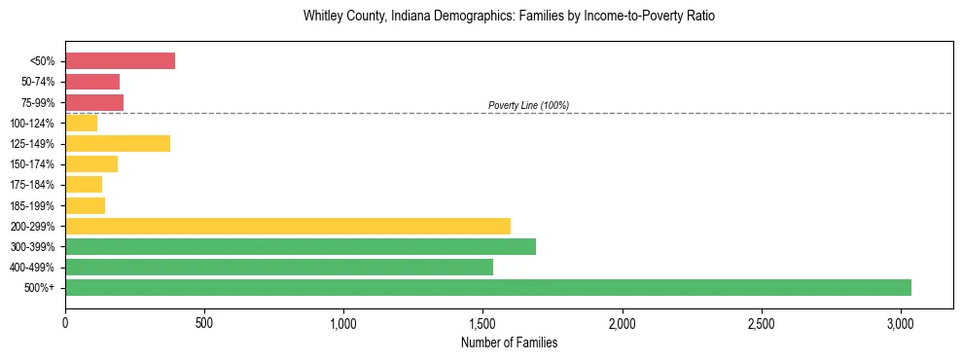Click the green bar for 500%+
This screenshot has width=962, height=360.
(488, 287)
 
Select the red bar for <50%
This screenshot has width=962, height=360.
(120, 61)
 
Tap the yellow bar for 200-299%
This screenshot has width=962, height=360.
(288, 226)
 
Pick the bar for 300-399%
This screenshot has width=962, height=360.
(301, 246)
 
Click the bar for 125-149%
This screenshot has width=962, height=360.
(118, 143)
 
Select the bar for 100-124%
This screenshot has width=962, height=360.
(82, 123)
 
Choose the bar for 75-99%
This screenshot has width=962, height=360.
(94, 102)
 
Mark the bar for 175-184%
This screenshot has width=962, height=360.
(84, 185)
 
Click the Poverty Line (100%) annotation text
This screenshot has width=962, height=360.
(528, 105)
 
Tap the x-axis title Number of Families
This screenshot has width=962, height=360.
(509, 342)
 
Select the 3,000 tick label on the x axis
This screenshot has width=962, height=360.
(901, 322)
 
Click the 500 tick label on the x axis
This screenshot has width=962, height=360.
(204, 322)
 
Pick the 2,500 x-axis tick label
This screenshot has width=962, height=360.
(762, 322)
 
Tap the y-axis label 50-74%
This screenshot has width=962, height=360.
(38, 82)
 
